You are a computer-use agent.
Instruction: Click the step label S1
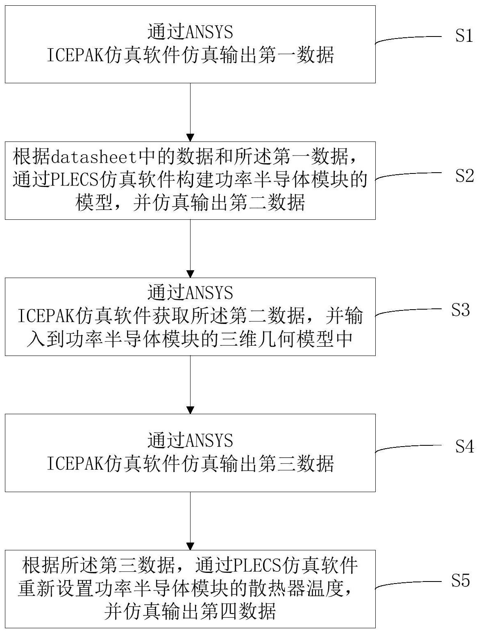(x=464, y=36)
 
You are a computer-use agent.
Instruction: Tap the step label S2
(x=464, y=176)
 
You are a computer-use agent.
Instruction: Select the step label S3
(x=461, y=310)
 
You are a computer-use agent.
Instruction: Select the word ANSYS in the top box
(x=209, y=32)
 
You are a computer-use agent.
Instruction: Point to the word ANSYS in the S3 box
(x=209, y=293)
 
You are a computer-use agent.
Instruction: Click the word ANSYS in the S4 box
(x=209, y=440)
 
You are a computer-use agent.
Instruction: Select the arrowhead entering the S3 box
(x=191, y=274)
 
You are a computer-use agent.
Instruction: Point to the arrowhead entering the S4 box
(x=191, y=410)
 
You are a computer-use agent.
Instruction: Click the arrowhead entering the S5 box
(x=191, y=546)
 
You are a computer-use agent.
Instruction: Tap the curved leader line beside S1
(x=408, y=38)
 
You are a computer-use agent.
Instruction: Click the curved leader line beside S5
(x=408, y=583)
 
